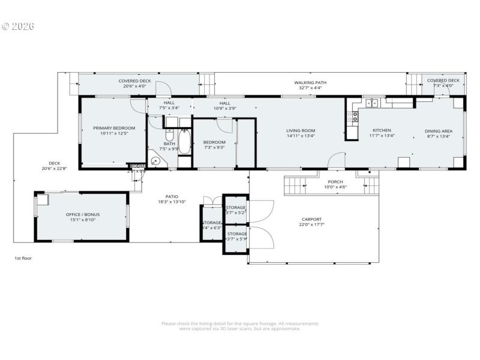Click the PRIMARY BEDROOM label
114,128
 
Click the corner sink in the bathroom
156,161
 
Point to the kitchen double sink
373,103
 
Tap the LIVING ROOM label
301,130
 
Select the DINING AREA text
439,131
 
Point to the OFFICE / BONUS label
83,214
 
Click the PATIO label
172,196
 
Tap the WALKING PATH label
310,82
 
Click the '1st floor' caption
23,258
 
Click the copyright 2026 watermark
18,26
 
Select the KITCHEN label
382,130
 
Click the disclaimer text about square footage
240,326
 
